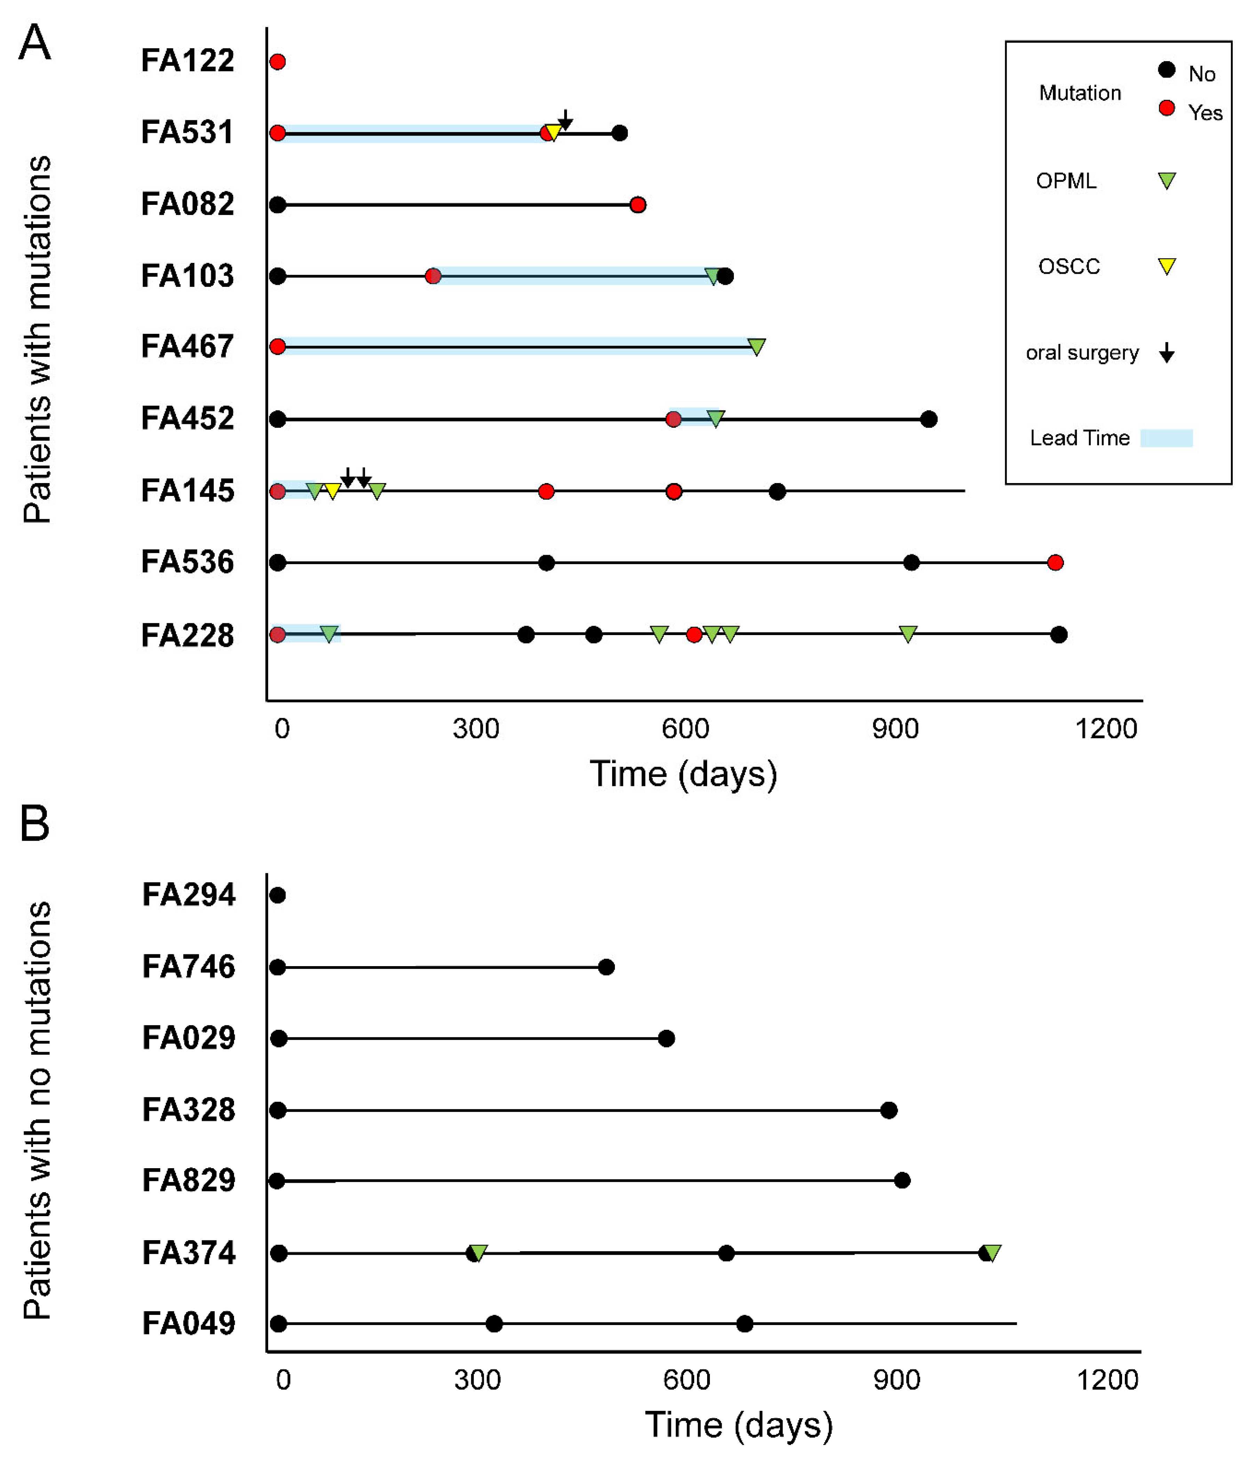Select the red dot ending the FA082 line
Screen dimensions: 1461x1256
(x=638, y=205)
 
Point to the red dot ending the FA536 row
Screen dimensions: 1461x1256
(x=1055, y=563)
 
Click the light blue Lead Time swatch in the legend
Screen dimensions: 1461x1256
(x=1167, y=438)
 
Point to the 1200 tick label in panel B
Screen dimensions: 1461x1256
(x=1107, y=1380)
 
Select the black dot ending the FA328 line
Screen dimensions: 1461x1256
(x=889, y=1110)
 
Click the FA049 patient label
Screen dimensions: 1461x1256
(x=188, y=1324)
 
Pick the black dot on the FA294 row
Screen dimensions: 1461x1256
(x=277, y=896)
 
